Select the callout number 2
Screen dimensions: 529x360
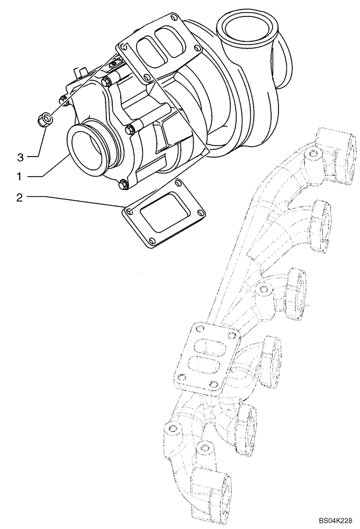20,197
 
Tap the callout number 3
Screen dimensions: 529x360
20,157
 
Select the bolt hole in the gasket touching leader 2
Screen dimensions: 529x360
128,212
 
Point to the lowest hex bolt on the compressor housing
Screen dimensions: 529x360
124,184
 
